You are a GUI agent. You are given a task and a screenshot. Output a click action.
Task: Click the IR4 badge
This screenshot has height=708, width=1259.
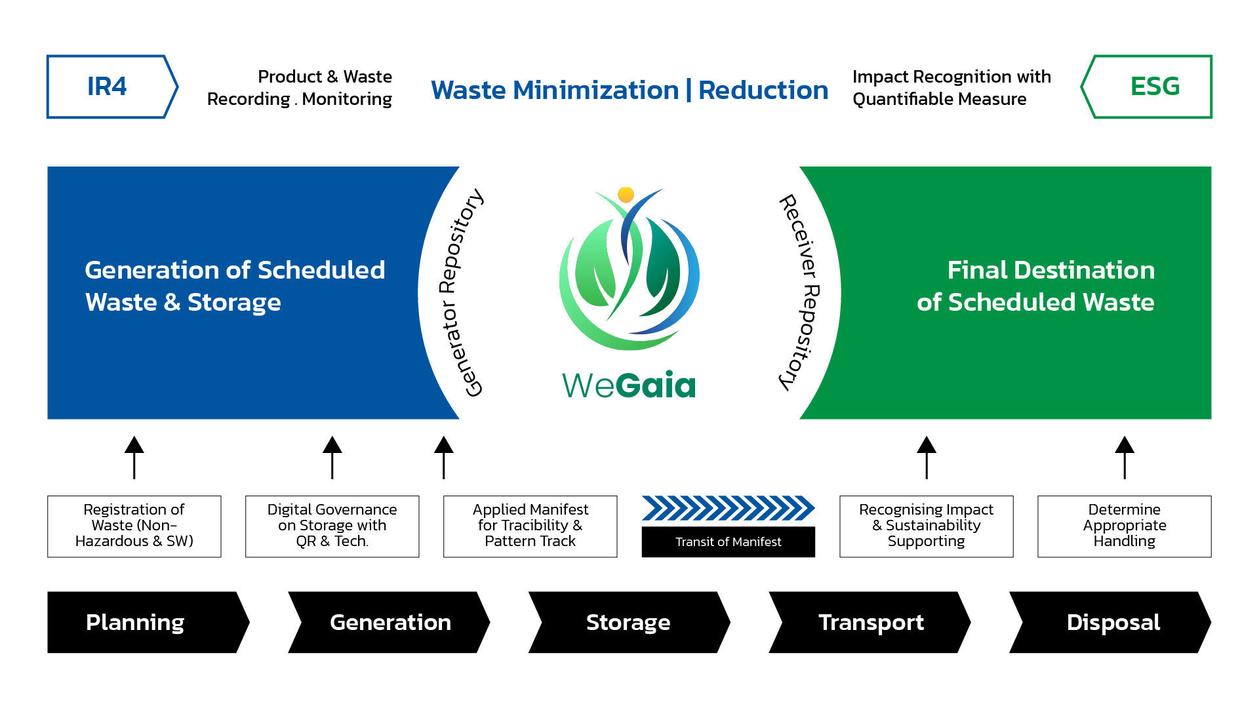coord(108,87)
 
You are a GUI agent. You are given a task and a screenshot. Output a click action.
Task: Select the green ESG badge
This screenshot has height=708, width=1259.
coord(1151,87)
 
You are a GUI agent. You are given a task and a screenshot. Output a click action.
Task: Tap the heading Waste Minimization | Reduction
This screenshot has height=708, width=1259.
coord(629,90)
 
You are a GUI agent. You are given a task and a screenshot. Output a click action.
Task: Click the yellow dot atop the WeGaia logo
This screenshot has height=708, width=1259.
coord(626,195)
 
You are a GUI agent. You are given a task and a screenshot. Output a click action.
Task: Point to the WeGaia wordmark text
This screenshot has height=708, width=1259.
coord(628,385)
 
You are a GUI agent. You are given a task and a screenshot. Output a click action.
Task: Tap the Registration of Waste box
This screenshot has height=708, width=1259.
coord(134,526)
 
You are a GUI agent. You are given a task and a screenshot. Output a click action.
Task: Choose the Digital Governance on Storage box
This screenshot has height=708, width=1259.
coord(332,526)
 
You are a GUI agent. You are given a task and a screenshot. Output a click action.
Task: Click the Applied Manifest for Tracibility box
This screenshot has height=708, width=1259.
coord(530,526)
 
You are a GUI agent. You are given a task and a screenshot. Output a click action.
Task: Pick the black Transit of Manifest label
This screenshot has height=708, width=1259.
coord(728,542)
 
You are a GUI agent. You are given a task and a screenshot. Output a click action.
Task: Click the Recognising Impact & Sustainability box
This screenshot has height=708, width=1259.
coord(926,526)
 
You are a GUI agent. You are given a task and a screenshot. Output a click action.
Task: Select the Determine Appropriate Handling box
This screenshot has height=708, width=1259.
coord(1124,526)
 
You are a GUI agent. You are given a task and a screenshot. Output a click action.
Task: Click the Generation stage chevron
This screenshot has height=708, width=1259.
coord(390,622)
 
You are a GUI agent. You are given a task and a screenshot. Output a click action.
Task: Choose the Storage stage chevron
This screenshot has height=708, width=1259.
coord(628,622)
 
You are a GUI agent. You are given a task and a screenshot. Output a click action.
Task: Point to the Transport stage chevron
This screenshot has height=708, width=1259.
coord(870,622)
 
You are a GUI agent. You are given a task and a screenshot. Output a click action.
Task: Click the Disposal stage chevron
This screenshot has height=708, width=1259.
coord(1112,622)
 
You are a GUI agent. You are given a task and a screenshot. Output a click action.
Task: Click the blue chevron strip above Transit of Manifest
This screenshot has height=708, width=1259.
coord(728,508)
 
